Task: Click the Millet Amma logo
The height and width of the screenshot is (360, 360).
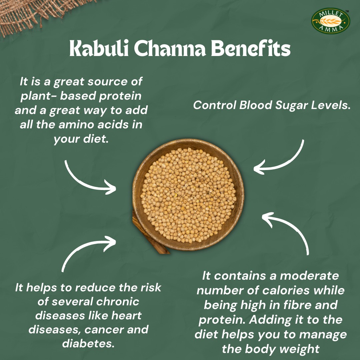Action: pyautogui.click(x=330, y=21)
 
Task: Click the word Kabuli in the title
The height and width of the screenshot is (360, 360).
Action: pyautogui.click(x=99, y=48)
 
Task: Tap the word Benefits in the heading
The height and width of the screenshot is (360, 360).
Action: pyautogui.click(x=251, y=48)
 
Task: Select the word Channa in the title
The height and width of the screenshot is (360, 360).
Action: pyautogui.click(x=170, y=48)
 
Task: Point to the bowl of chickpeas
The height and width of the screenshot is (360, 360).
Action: pyautogui.click(x=188, y=195)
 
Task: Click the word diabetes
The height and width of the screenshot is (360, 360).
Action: pyautogui.click(x=88, y=344)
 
